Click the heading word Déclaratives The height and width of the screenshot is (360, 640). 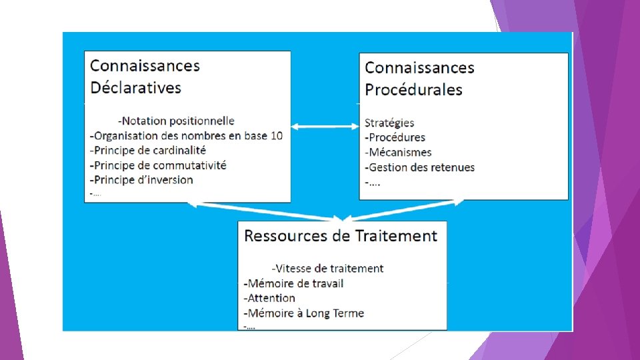pos(135,87)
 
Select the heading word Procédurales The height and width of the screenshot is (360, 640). pos(413,89)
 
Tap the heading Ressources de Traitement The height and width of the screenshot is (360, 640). pos(341,235)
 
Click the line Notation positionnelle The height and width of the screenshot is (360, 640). pos(176,121)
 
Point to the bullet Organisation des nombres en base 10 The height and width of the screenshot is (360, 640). pos(186,135)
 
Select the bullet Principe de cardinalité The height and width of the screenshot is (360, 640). pos(148,150)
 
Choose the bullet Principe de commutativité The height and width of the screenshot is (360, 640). pos(158,165)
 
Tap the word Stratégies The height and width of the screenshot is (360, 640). pos(389,123)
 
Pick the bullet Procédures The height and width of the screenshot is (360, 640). pos(395,137)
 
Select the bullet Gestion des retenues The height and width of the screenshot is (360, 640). pos(420,167)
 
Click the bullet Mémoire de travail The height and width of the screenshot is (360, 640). pos(294,283)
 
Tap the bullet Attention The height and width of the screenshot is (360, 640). pos(269,297)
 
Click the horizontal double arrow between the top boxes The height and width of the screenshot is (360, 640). pos(325,127)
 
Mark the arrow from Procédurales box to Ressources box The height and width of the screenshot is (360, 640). pos(404,209)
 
